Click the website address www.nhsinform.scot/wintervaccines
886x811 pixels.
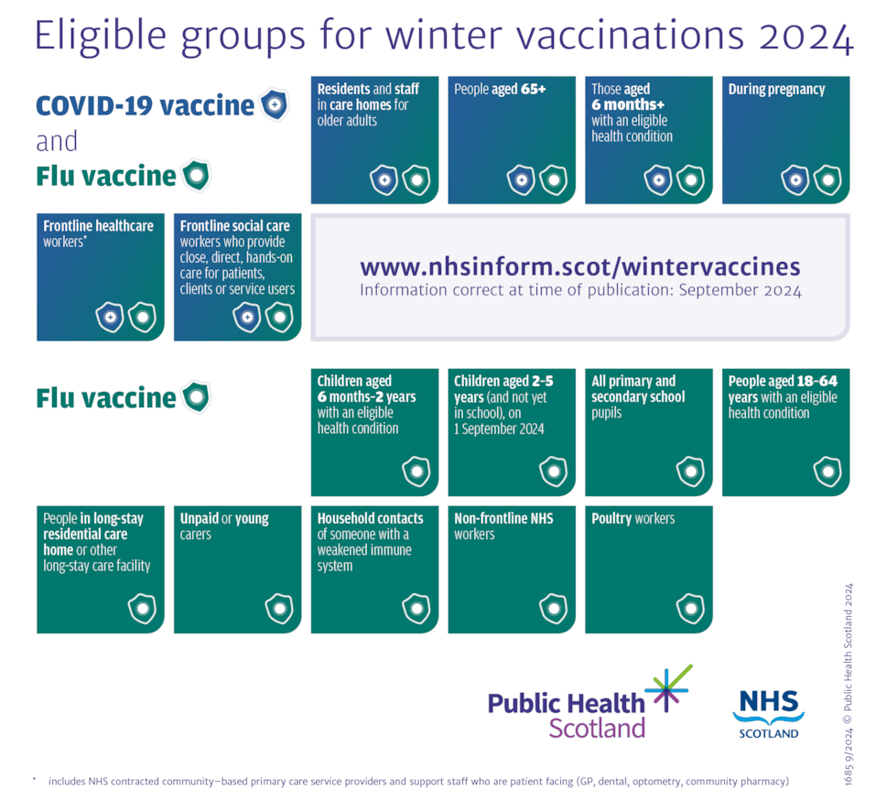[579, 267]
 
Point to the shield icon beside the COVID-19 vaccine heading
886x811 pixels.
[274, 105]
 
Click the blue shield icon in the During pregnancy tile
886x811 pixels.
[794, 180]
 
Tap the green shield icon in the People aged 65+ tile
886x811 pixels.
[553, 180]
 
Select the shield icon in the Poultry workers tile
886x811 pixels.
[690, 608]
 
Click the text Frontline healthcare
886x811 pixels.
[99, 226]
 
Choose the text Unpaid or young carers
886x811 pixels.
[224, 525]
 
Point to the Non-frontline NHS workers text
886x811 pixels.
[503, 525]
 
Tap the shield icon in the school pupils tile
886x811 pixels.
[690, 471]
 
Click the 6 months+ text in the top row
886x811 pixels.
[627, 104]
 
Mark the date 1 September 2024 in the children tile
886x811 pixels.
[499, 428]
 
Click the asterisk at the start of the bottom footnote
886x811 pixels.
[34, 779]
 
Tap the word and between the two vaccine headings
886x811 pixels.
[57, 142]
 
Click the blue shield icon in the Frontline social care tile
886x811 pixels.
[246, 318]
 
